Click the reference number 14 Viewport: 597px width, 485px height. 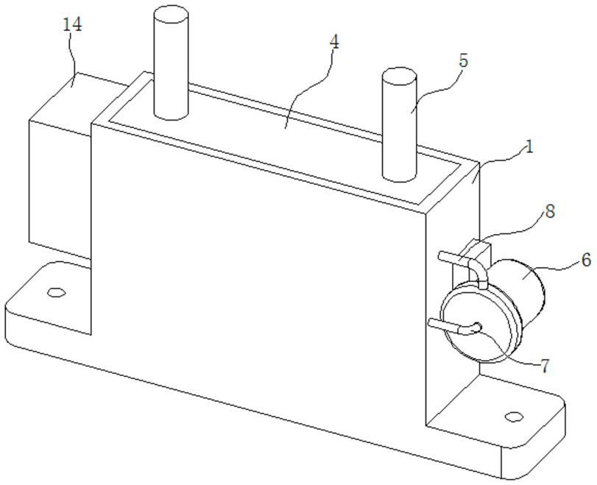pyautogui.click(x=73, y=26)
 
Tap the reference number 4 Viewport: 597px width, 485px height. pyautogui.click(x=334, y=41)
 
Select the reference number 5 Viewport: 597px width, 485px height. pyautogui.click(x=462, y=61)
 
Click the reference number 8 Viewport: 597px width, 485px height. pyautogui.click(x=550, y=212)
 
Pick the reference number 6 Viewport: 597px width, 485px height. pyautogui.click(x=585, y=259)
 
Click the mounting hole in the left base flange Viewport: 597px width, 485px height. pyautogui.click(x=54, y=292)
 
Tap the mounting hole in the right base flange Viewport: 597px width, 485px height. pyautogui.click(x=514, y=417)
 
